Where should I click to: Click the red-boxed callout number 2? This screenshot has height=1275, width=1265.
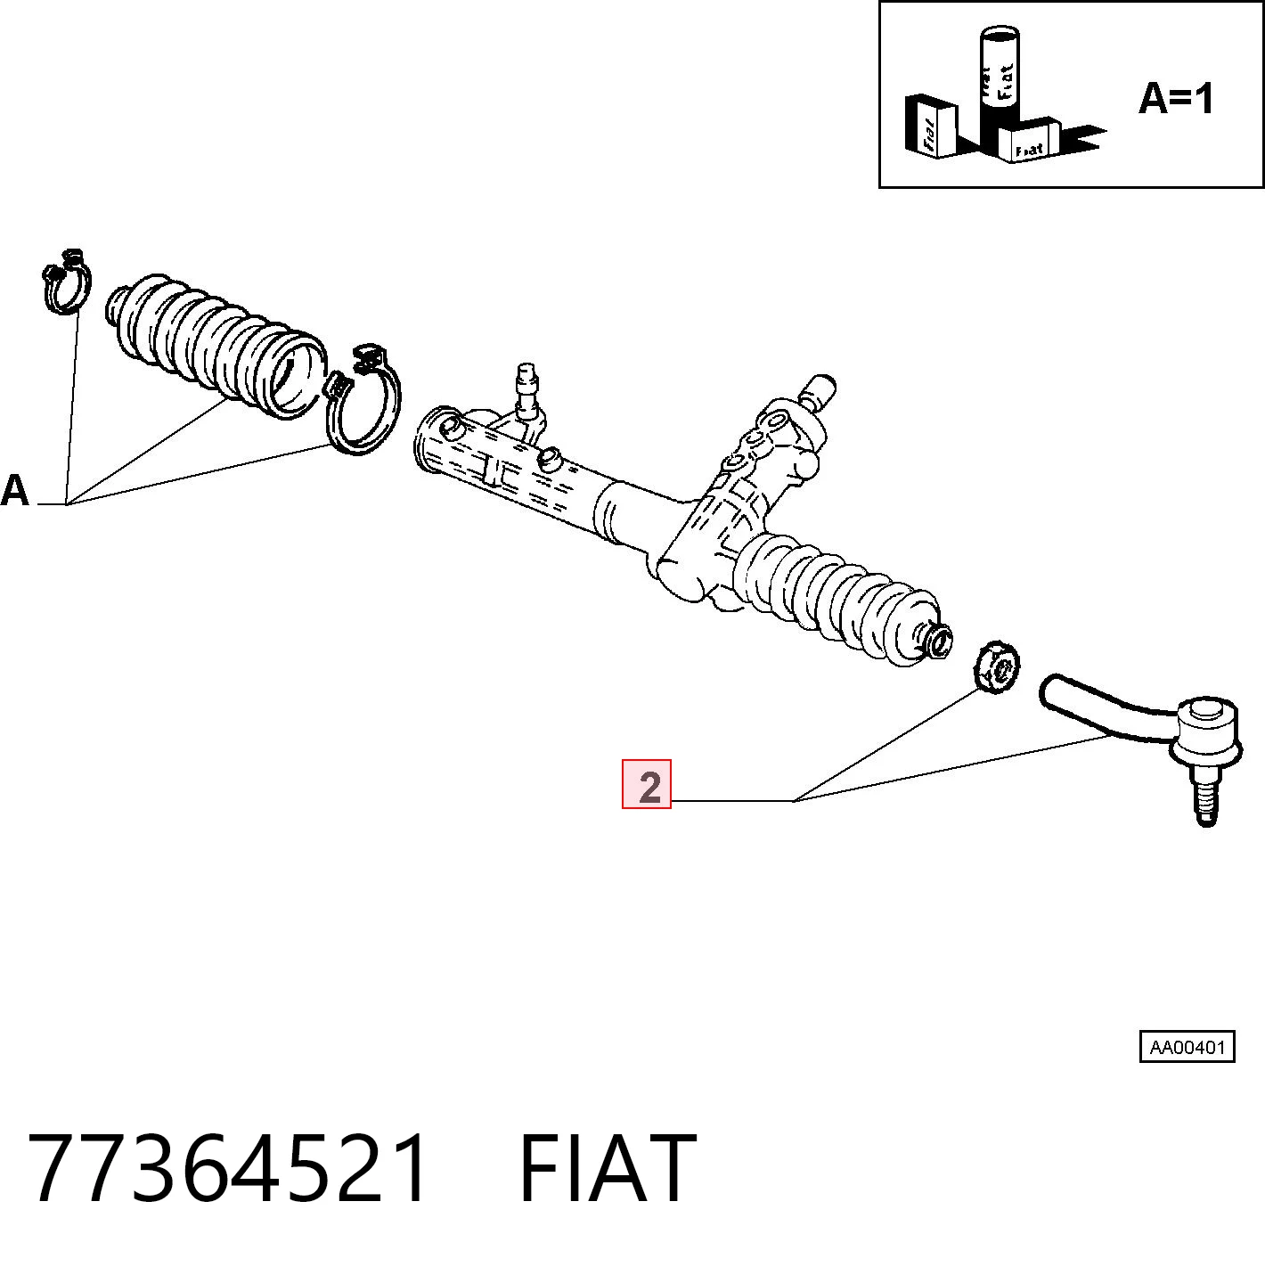[647, 784]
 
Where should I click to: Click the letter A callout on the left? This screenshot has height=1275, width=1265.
[15, 490]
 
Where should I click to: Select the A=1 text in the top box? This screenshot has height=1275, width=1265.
[1176, 99]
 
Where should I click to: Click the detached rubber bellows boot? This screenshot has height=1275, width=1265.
[215, 345]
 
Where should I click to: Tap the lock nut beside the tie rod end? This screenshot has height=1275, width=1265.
[996, 667]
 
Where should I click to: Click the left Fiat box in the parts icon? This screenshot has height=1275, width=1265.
[930, 126]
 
